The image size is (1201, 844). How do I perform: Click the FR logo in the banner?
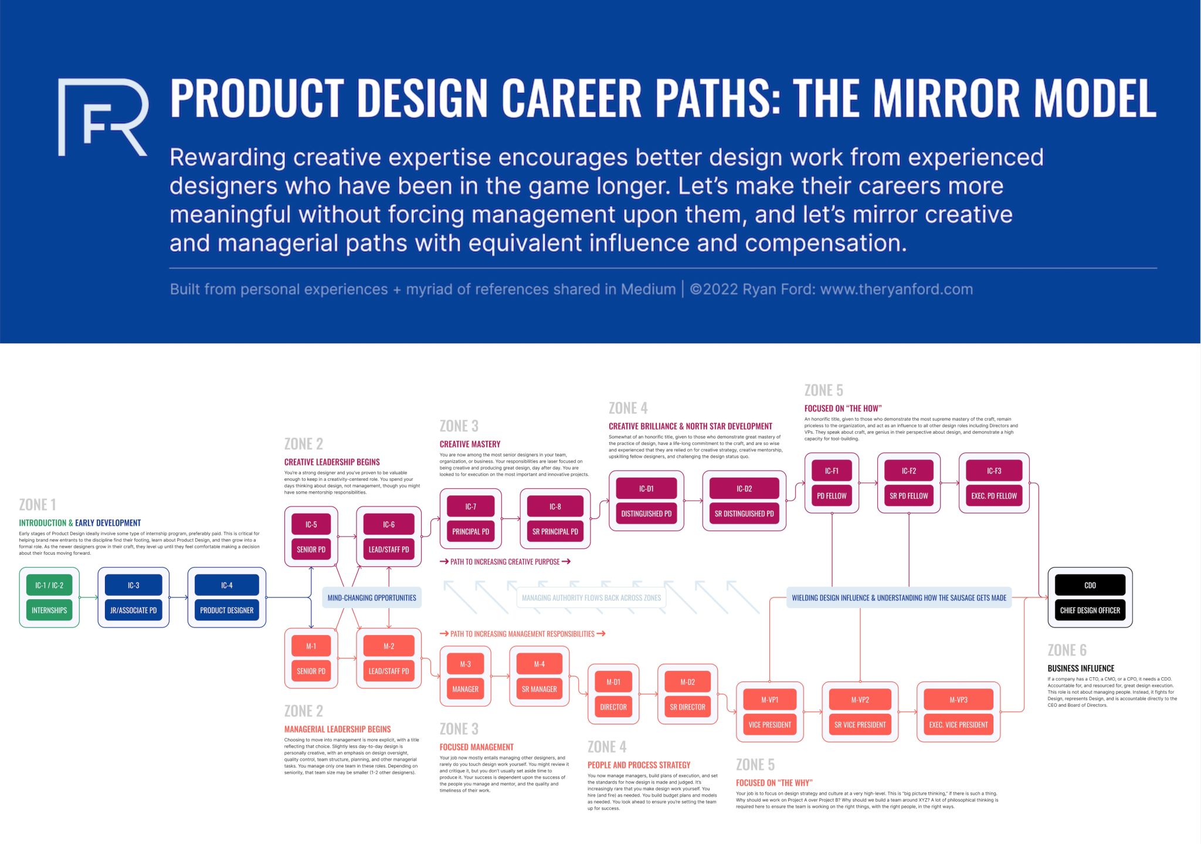[x=103, y=117]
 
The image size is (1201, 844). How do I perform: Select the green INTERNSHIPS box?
[x=49, y=610]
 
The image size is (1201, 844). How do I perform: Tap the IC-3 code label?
[x=134, y=585]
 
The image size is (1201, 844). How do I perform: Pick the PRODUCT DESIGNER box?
[x=226, y=610]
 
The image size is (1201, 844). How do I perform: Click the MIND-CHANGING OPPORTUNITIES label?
[x=372, y=597]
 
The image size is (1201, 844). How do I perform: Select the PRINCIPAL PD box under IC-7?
[x=470, y=532]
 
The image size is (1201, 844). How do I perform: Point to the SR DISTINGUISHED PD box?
[x=744, y=514]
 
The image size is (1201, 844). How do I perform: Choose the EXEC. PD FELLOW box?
[x=994, y=496]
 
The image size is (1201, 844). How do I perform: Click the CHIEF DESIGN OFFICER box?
[x=1090, y=610]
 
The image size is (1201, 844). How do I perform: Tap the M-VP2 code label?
[x=860, y=700]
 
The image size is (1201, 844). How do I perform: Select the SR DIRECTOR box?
[x=687, y=707]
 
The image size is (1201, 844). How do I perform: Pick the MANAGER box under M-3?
[x=465, y=689]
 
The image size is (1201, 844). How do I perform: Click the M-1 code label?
[x=311, y=646]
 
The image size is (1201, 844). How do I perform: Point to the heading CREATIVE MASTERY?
[x=470, y=444]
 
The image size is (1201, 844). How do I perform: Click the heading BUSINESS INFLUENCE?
[x=1081, y=669]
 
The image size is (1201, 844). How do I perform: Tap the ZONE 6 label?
[x=1067, y=650]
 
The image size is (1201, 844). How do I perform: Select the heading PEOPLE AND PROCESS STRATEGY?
[x=639, y=765]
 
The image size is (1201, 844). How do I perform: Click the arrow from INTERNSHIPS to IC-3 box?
[x=89, y=597]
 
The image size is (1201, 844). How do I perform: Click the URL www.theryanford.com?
[x=896, y=289]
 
